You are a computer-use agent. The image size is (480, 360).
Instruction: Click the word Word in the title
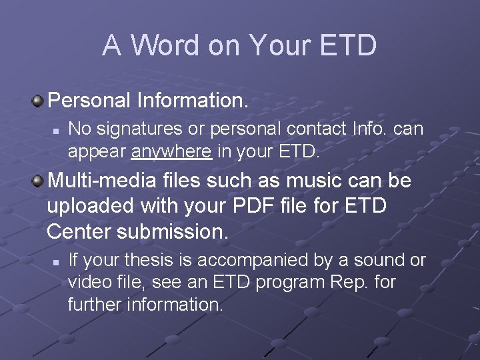[164, 45]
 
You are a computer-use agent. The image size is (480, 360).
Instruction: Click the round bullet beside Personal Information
[39, 101]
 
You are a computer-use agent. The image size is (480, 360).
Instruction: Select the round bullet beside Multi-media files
[39, 181]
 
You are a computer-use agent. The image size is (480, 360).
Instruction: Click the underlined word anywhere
[171, 152]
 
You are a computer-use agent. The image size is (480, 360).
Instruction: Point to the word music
[317, 181]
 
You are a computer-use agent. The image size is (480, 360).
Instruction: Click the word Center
[79, 231]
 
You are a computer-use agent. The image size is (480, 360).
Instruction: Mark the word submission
[173, 231]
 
